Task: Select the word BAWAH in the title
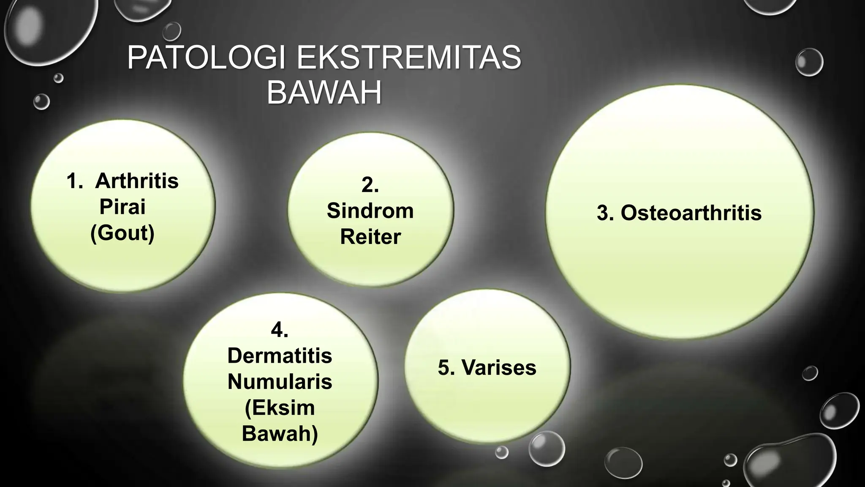point(324,93)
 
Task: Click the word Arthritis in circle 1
point(137,181)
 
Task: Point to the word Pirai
point(122,207)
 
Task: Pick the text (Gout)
point(122,233)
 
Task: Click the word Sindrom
point(370,211)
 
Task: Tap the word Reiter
point(370,237)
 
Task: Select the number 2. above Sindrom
point(370,185)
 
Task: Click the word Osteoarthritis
point(691,213)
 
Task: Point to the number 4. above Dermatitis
point(280,330)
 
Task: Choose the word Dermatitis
point(280,356)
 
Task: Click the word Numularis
point(280,382)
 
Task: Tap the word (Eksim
point(280,408)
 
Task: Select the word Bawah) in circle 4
point(280,434)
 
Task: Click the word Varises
point(499,367)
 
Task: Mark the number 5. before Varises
point(446,367)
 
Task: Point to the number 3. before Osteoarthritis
point(605,213)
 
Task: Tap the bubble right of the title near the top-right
point(809,62)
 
